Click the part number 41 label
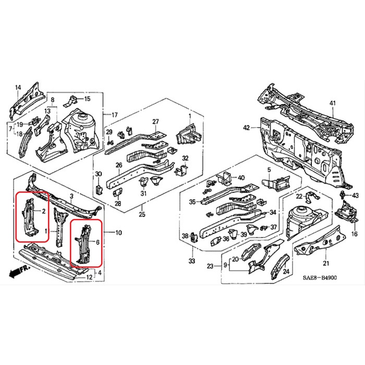point(333,103)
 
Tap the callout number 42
point(247,128)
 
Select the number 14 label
point(18,88)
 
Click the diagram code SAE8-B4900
point(320,278)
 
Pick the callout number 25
point(142,214)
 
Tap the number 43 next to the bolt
point(355,196)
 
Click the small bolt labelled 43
point(343,194)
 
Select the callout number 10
point(118,233)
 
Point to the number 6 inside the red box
point(98,242)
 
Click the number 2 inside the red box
point(43,211)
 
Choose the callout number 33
point(191,261)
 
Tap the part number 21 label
point(326,263)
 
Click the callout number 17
point(115,115)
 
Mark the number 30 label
point(99,174)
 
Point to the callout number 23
point(210,266)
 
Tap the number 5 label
point(269,169)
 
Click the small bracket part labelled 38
point(193,237)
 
